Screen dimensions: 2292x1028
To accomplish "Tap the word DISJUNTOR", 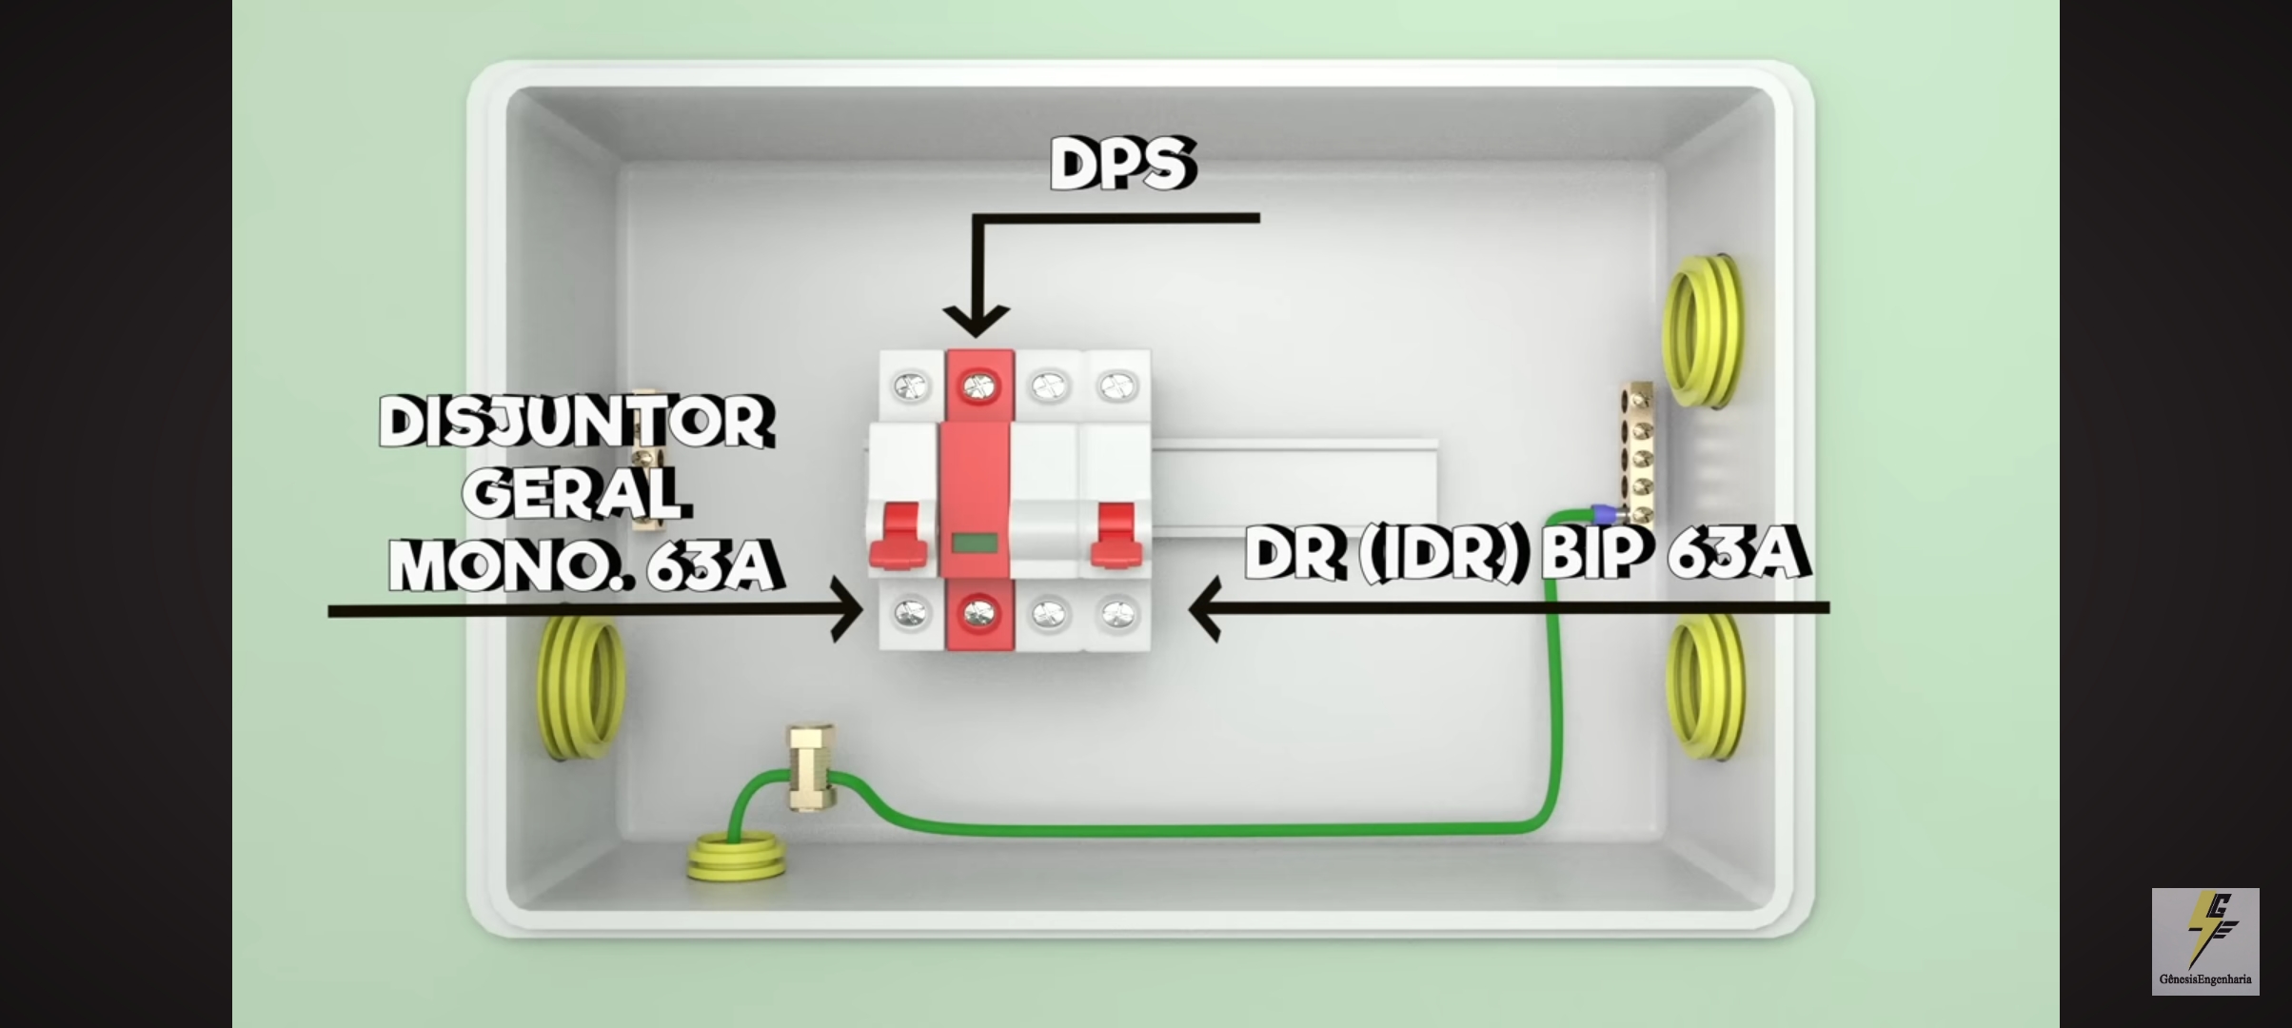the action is [x=577, y=423].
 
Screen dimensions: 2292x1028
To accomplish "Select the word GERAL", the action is [x=576, y=494].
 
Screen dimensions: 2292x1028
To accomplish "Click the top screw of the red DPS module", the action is [x=978, y=386].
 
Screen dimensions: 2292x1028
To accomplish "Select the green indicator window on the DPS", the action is [x=974, y=544].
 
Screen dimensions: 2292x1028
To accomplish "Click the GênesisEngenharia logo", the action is [x=2205, y=941].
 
